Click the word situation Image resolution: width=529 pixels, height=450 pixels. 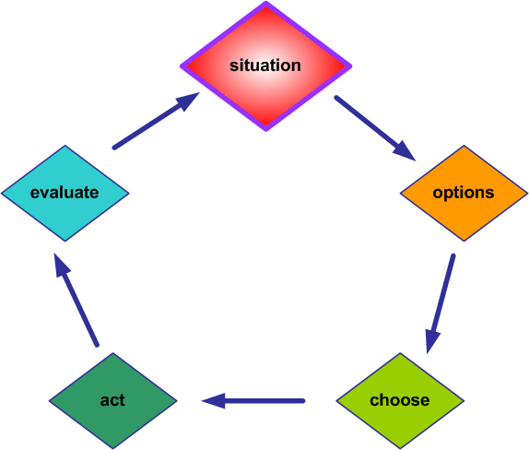click(x=265, y=65)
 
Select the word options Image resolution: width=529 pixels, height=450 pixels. click(x=463, y=193)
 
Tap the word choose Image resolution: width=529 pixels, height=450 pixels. click(x=399, y=400)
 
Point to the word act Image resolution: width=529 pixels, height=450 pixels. click(x=112, y=400)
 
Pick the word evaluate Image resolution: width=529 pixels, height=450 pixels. click(x=65, y=193)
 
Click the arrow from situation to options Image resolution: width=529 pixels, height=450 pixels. click(x=373, y=127)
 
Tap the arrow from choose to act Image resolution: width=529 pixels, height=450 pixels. click(x=253, y=400)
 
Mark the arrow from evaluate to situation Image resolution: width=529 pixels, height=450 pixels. click(x=156, y=121)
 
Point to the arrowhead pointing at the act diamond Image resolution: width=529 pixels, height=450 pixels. click(x=213, y=400)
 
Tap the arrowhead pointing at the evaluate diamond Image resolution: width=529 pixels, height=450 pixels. click(x=60, y=266)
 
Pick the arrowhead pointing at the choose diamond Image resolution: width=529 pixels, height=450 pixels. click(x=430, y=342)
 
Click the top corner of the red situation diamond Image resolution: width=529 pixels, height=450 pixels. click(x=265, y=4)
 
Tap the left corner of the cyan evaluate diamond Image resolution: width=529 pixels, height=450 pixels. click(x=2, y=194)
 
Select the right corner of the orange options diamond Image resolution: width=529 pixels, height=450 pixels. click(x=526, y=194)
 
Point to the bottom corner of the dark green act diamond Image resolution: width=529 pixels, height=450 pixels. click(x=112, y=448)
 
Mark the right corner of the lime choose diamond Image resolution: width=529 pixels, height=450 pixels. click(x=463, y=400)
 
